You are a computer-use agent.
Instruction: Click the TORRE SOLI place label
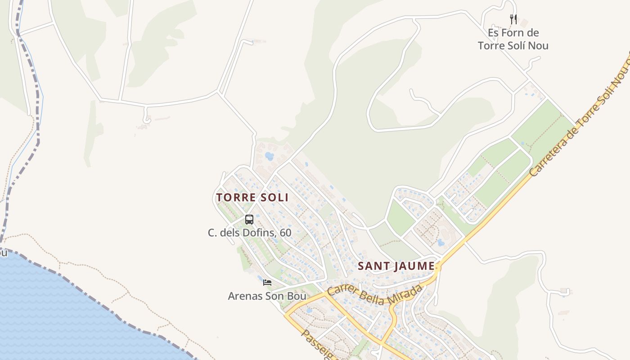tap(252, 198)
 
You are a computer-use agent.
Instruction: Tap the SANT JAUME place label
tap(396, 266)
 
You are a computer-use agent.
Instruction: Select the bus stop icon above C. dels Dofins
tap(249, 220)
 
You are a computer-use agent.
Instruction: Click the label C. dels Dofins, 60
tap(249, 233)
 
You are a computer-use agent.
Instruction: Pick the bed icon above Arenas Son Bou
tap(267, 283)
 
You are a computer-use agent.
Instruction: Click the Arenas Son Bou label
tap(267, 296)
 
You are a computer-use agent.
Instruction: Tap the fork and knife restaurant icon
tap(513, 19)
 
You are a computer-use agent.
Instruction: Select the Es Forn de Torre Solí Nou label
tap(513, 39)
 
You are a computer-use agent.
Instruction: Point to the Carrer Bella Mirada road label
tap(375, 294)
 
